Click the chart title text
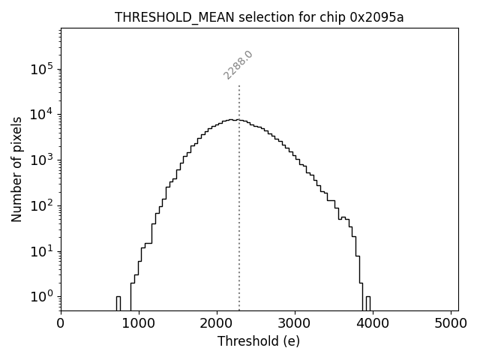tap(259, 18)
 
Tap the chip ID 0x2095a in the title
tap(376, 18)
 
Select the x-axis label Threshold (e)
tap(259, 341)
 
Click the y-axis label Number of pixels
tap(17, 169)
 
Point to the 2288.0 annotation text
tap(238, 65)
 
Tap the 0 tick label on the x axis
tap(61, 323)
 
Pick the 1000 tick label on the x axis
tap(139, 323)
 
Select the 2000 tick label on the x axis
tap(217, 323)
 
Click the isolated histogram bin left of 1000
tap(118, 303)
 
